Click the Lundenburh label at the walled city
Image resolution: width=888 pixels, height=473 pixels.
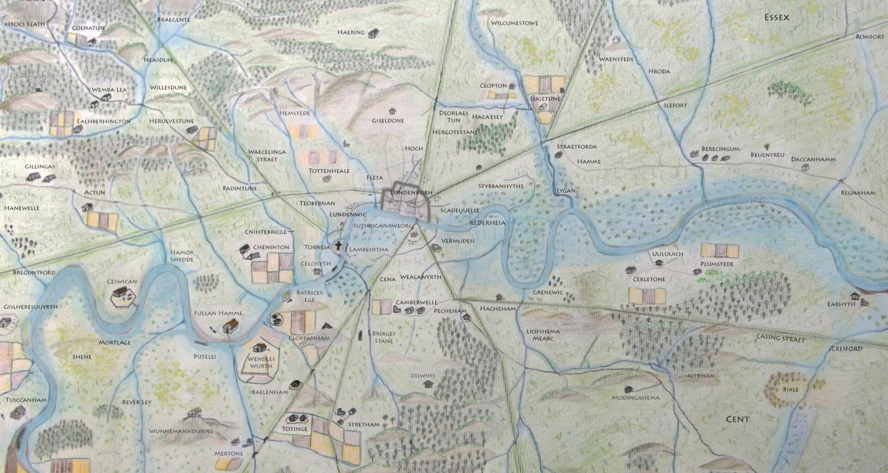pyautogui.click(x=411, y=193)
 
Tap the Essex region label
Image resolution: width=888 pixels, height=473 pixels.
pyautogui.click(x=777, y=18)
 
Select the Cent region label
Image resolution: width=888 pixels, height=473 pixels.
pyautogui.click(x=737, y=419)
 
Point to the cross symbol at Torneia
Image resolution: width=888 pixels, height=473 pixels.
pyautogui.click(x=339, y=245)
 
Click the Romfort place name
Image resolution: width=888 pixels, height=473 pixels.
pyautogui.click(x=869, y=36)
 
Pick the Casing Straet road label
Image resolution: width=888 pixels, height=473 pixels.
pyautogui.click(x=780, y=338)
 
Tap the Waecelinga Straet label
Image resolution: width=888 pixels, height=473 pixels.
pyautogui.click(x=267, y=155)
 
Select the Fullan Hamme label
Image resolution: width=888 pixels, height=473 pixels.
pyautogui.click(x=218, y=313)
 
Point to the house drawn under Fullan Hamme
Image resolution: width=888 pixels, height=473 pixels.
pyautogui.click(x=230, y=327)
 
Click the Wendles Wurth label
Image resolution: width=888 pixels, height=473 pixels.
pyautogui.click(x=261, y=362)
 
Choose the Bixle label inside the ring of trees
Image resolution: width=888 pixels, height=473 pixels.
pyautogui.click(x=790, y=389)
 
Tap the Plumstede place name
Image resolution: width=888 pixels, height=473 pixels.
pyautogui.click(x=717, y=264)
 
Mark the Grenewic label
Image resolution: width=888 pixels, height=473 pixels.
pyautogui.click(x=548, y=292)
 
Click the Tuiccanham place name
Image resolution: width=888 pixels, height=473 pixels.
pyautogui.click(x=26, y=400)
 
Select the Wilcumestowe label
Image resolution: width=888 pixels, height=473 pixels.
pyautogui.click(x=514, y=23)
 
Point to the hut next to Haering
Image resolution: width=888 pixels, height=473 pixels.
pyautogui.click(x=373, y=33)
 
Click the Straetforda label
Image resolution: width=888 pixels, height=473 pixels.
pyautogui.click(x=576, y=146)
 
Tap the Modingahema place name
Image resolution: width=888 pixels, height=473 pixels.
pyautogui.click(x=635, y=397)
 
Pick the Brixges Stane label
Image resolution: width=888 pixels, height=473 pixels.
pyautogui.click(x=383, y=337)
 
